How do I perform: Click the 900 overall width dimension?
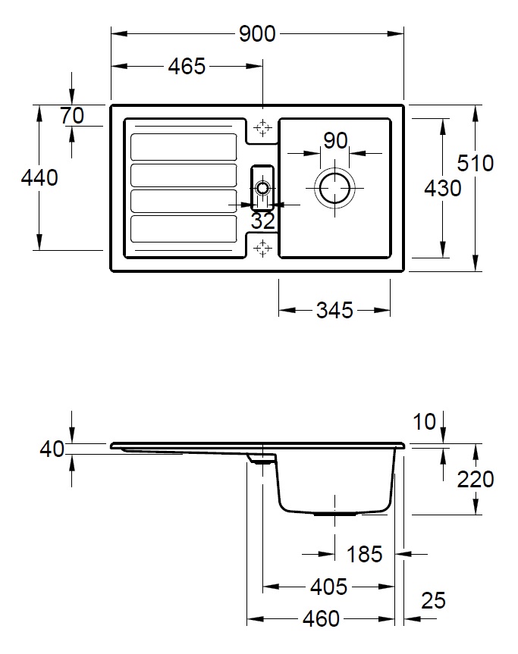[x=257, y=34]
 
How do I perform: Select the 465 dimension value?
[x=187, y=67]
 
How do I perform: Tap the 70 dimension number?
[x=72, y=115]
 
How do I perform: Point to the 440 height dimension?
[x=39, y=177]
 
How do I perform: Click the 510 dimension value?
[x=475, y=163]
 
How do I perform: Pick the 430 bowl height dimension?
[x=442, y=188]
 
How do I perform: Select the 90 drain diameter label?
[x=335, y=140]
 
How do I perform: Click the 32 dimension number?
[x=263, y=221]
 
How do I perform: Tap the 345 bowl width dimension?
[x=334, y=310]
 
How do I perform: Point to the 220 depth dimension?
[x=476, y=479]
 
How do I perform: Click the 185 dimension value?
[x=364, y=554]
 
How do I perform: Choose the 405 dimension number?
[x=328, y=587]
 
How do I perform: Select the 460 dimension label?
[x=321, y=619]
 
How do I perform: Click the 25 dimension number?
[x=433, y=601]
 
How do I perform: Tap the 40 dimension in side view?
[x=52, y=449]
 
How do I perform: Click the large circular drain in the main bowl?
[x=334, y=188]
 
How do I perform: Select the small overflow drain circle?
[x=262, y=188]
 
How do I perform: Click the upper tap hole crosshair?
[x=262, y=127]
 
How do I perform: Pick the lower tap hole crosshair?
[x=262, y=248]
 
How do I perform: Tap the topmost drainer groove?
[x=184, y=147]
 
